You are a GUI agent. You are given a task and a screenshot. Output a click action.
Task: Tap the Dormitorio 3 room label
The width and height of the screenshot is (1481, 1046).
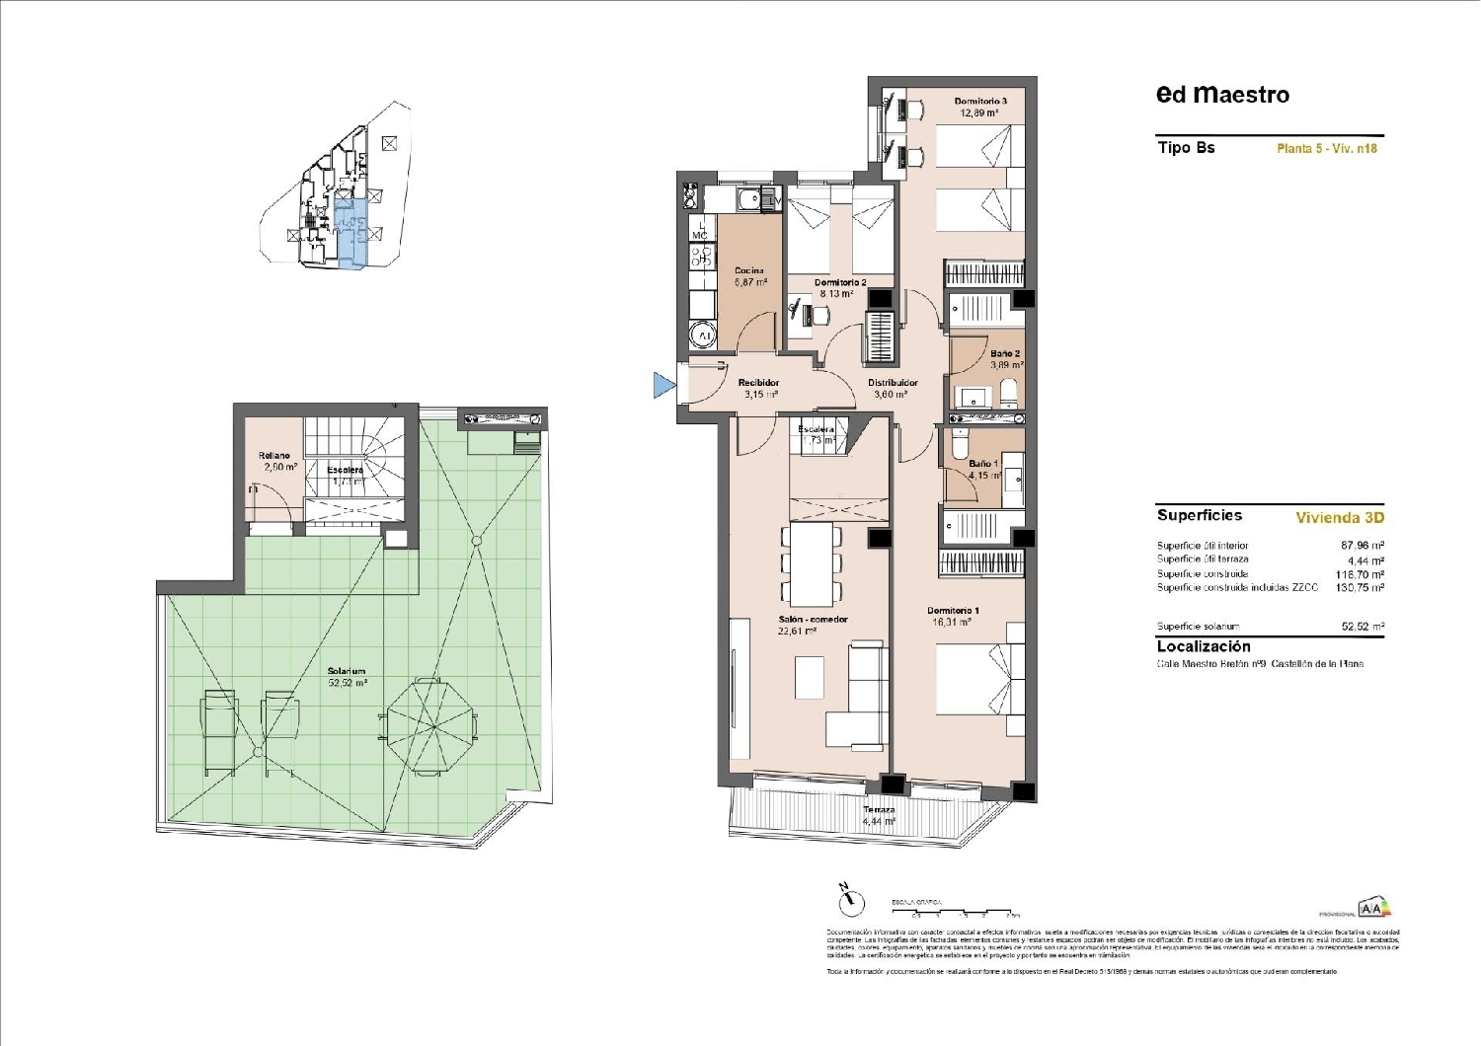(x=979, y=107)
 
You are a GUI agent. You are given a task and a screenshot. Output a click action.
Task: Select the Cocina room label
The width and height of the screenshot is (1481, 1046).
(x=749, y=276)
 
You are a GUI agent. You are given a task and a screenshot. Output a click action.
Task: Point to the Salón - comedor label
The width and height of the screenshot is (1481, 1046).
(x=813, y=625)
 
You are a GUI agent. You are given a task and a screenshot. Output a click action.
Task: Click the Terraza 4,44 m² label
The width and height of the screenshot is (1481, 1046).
(x=878, y=815)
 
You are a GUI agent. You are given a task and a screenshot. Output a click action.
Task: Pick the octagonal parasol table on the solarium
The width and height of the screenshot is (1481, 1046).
(x=429, y=725)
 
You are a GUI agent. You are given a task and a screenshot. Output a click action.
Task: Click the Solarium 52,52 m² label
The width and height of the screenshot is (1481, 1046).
(x=348, y=677)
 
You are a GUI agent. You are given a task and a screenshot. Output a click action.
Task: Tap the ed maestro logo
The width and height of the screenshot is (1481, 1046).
(x=1222, y=95)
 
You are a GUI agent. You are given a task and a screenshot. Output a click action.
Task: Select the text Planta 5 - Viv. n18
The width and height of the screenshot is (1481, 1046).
(x=1326, y=149)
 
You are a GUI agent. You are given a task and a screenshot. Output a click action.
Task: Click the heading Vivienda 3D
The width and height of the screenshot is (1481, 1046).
(x=1339, y=517)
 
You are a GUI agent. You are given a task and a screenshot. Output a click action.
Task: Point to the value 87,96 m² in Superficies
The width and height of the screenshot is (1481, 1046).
(x=1362, y=546)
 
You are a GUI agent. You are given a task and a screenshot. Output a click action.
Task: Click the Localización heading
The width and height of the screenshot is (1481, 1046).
(x=1204, y=646)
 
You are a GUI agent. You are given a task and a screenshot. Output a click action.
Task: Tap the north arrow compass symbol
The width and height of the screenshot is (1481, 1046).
(x=850, y=900)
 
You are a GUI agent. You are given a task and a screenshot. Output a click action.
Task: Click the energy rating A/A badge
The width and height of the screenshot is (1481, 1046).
(x=1373, y=909)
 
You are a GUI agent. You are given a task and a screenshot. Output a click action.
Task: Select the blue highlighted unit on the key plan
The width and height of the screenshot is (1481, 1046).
(x=351, y=234)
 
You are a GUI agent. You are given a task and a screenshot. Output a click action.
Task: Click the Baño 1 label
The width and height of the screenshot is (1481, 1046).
(x=983, y=469)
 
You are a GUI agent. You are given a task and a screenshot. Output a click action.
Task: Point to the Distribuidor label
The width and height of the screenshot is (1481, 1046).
(x=893, y=388)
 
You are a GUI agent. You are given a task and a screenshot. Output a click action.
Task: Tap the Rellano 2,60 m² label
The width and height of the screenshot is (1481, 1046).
(x=276, y=461)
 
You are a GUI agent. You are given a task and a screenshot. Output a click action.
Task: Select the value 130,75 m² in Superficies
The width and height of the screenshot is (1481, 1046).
(x=1362, y=588)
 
